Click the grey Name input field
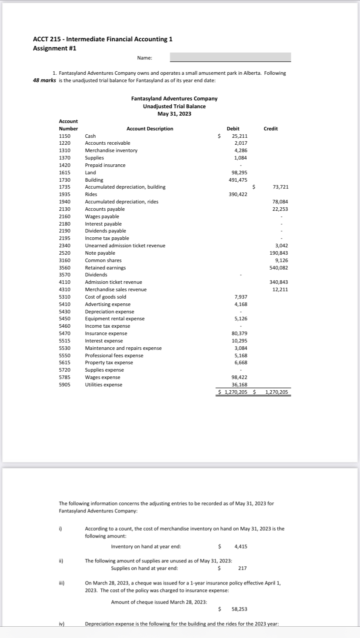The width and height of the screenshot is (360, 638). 230,57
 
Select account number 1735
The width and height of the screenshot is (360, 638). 65,187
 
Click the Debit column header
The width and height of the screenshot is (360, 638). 233,129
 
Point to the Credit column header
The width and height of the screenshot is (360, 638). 270,129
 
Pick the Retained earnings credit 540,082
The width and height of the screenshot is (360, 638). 279,268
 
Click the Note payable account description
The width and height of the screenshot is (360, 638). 100,253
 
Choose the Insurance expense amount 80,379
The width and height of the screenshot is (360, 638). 240,333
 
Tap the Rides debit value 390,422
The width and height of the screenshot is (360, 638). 238,194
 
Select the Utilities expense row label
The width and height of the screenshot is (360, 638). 103,385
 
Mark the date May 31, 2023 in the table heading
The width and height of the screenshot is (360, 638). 174,114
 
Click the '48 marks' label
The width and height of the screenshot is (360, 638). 44,81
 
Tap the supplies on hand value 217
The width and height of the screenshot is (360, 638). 243,568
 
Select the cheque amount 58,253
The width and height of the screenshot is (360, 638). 240,610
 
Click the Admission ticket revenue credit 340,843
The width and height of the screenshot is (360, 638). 279,282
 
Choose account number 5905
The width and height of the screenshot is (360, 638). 65,385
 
